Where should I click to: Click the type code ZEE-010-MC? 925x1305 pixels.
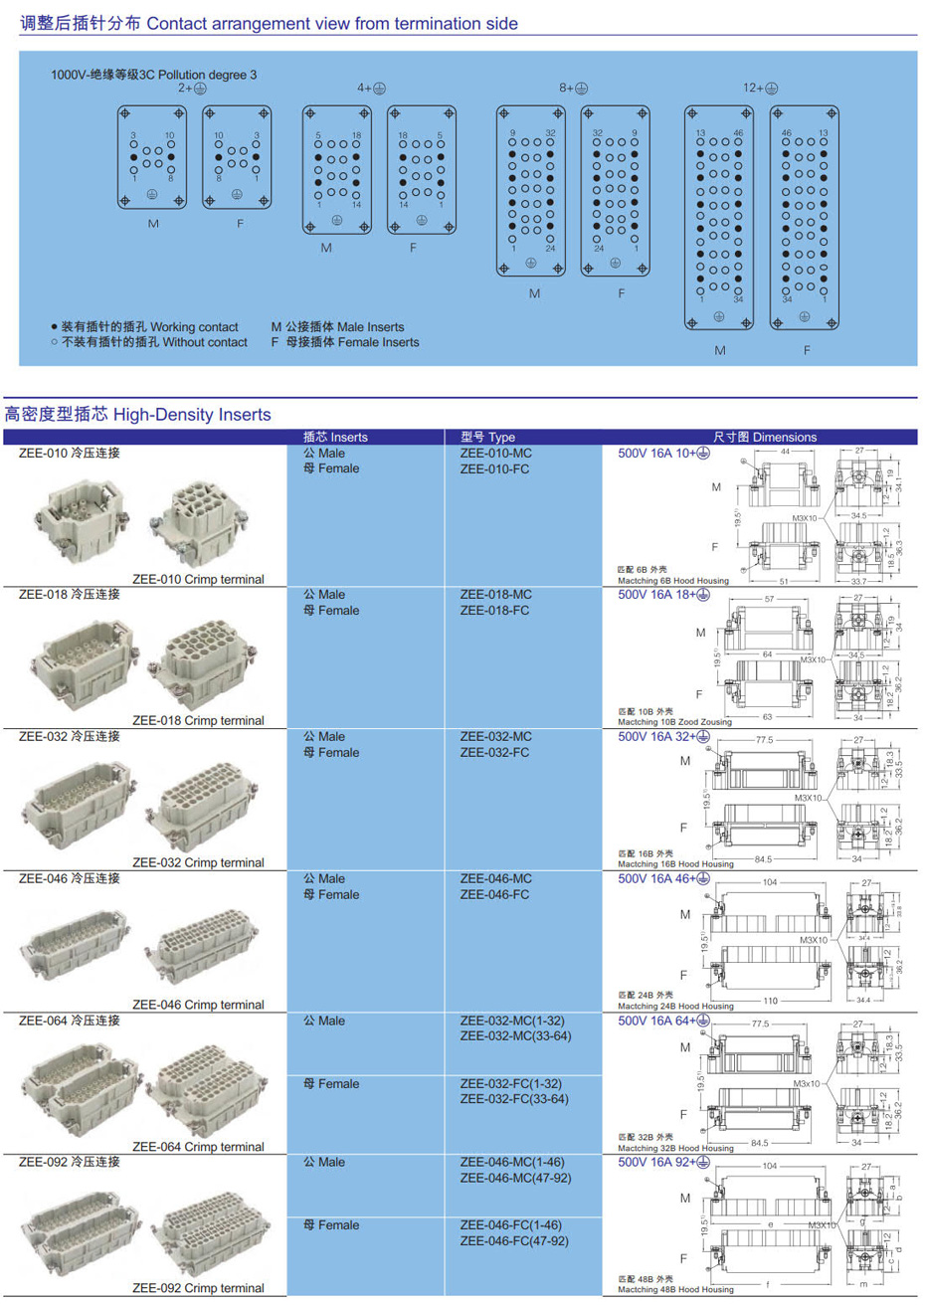point(495,454)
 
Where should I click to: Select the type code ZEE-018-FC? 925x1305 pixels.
point(494,611)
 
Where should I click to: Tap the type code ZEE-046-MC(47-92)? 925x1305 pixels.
point(514,1178)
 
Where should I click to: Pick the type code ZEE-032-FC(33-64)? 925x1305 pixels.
point(514,1099)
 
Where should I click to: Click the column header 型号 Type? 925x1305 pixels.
point(487,437)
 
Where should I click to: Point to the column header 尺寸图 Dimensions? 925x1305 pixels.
point(764,437)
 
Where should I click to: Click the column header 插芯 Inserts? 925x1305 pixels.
point(335,437)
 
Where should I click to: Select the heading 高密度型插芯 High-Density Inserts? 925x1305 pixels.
point(137,415)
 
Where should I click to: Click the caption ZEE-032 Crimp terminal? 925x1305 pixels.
point(198,862)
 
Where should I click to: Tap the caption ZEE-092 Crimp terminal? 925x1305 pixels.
point(198,1288)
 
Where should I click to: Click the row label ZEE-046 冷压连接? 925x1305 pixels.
point(69,878)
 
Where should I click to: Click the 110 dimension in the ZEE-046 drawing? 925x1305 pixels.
point(770,1001)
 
